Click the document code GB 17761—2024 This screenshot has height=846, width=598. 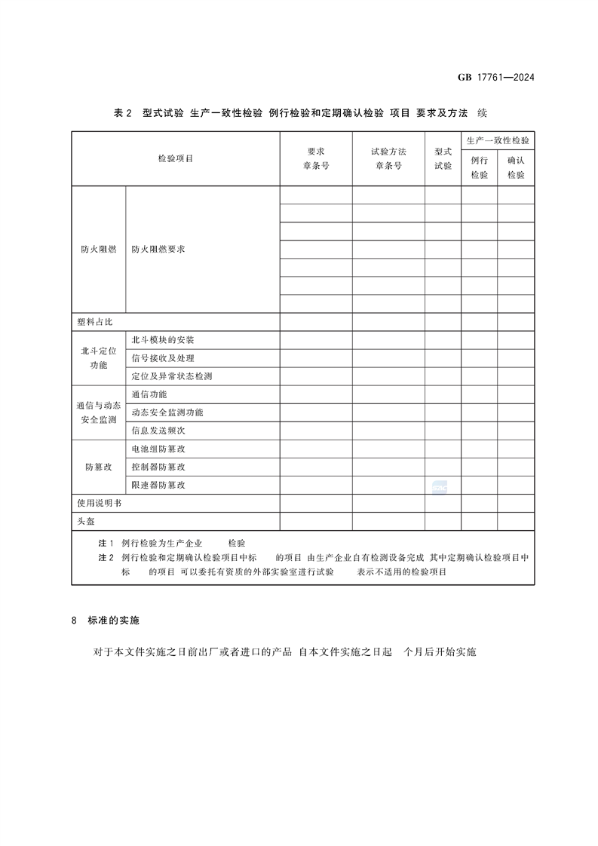point(496,78)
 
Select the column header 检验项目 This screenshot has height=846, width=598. point(176,158)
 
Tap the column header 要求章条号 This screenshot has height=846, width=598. point(316,158)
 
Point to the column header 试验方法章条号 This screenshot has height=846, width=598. point(388,158)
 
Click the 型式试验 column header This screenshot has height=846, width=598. point(443,158)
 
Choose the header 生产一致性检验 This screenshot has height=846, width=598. point(498,141)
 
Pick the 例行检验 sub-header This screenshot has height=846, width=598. point(479,167)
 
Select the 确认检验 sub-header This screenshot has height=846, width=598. point(516,167)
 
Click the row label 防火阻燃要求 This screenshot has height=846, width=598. point(158,249)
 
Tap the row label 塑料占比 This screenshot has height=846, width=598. point(94,322)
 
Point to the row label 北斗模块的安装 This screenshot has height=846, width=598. point(163,340)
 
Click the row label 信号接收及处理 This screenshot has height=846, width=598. point(163,358)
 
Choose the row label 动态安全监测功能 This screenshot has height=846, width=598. point(167,412)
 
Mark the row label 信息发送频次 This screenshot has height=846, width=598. point(158,431)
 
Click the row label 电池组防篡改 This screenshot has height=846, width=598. point(158,449)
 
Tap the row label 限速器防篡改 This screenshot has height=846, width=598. point(158,485)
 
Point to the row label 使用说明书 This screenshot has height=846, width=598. point(99,503)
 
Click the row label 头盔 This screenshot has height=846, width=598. point(85,521)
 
